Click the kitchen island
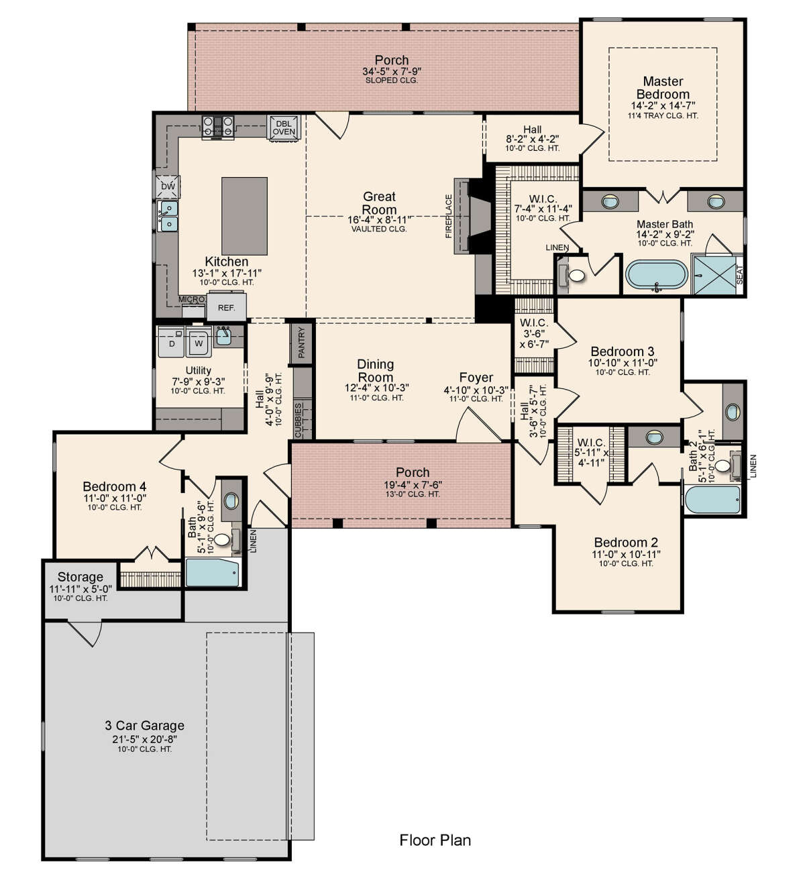244,216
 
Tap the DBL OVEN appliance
284,127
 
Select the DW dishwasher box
168,186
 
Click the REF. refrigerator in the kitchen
227,307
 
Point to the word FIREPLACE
449,216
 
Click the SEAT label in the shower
739,274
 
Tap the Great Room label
379,203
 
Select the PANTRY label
301,343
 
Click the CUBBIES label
298,420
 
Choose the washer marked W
199,341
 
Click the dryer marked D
172,341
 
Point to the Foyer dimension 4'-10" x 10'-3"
476,390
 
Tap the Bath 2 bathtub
712,500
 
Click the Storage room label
80,576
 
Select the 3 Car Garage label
144,725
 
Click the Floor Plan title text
435,840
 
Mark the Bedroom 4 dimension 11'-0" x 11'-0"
115,498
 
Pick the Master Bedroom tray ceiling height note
663,116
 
